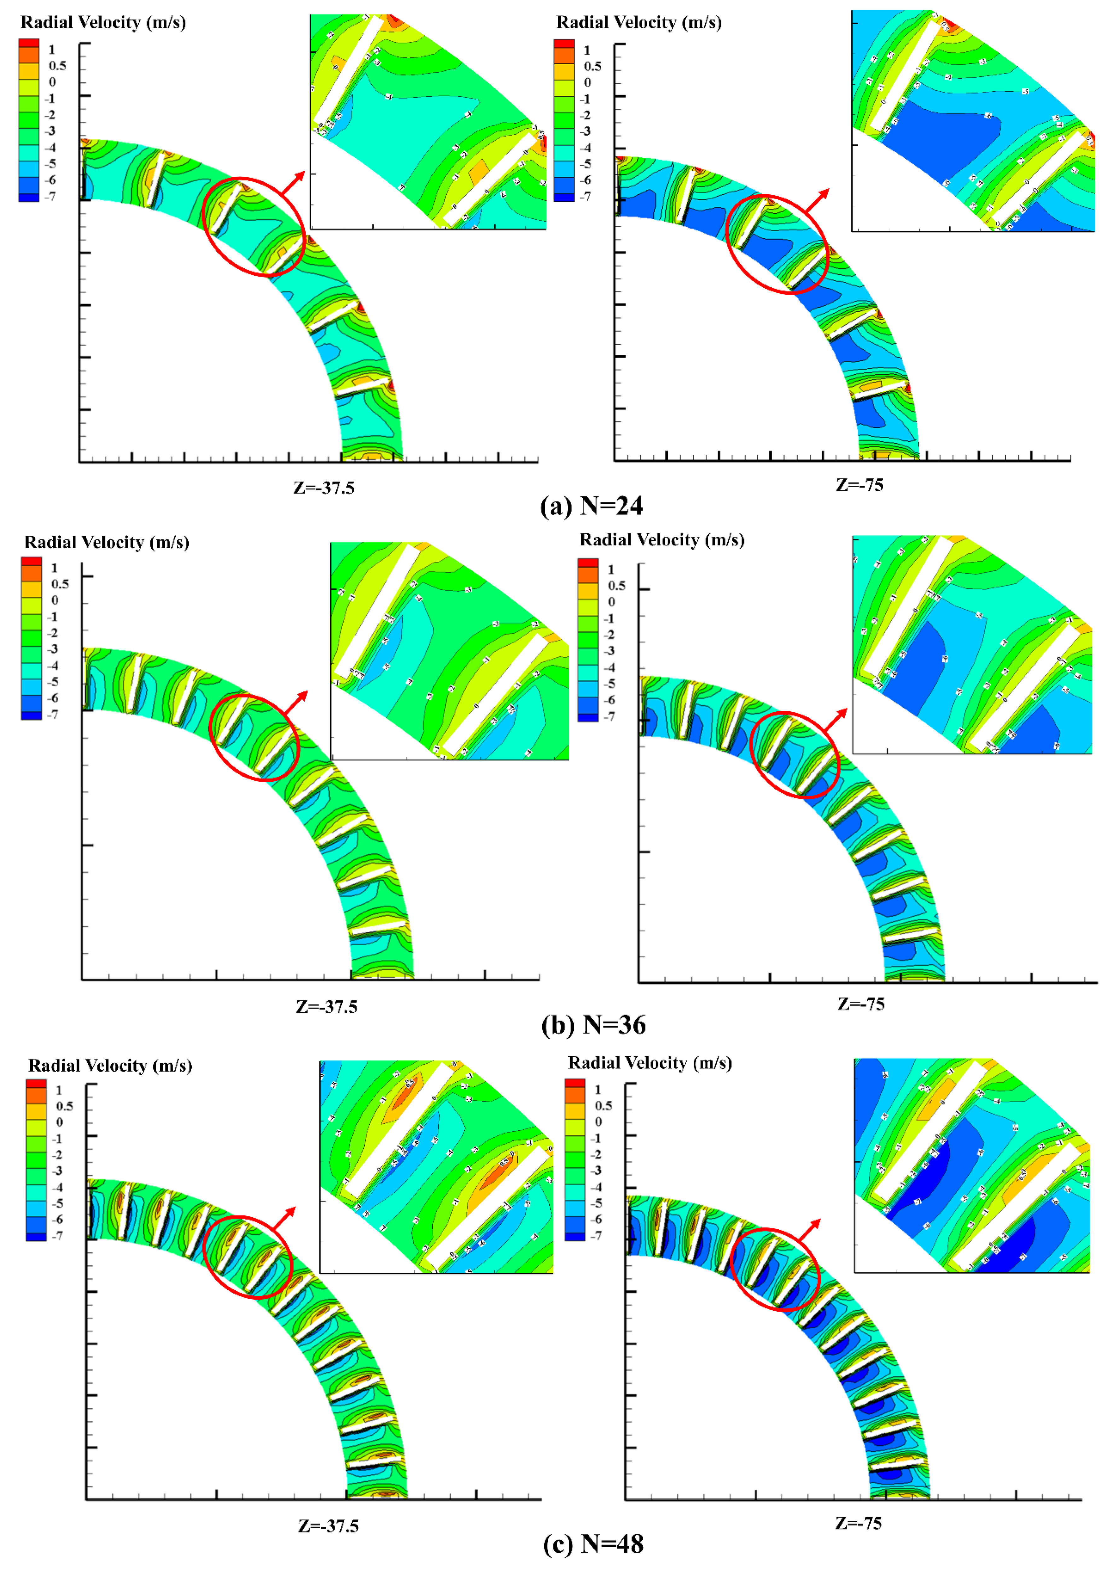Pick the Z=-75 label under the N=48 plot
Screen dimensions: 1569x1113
[858, 1523]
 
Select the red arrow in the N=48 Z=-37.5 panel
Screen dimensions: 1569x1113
[284, 1218]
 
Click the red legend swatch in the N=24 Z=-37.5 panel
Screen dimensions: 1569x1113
[29, 43]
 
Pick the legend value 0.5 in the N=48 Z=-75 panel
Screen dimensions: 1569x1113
[603, 1106]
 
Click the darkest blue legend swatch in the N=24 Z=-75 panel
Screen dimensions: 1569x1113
[564, 197]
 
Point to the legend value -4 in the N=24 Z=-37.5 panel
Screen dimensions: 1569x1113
[50, 147]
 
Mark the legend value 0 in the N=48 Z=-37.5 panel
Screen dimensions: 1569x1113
[59, 1122]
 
